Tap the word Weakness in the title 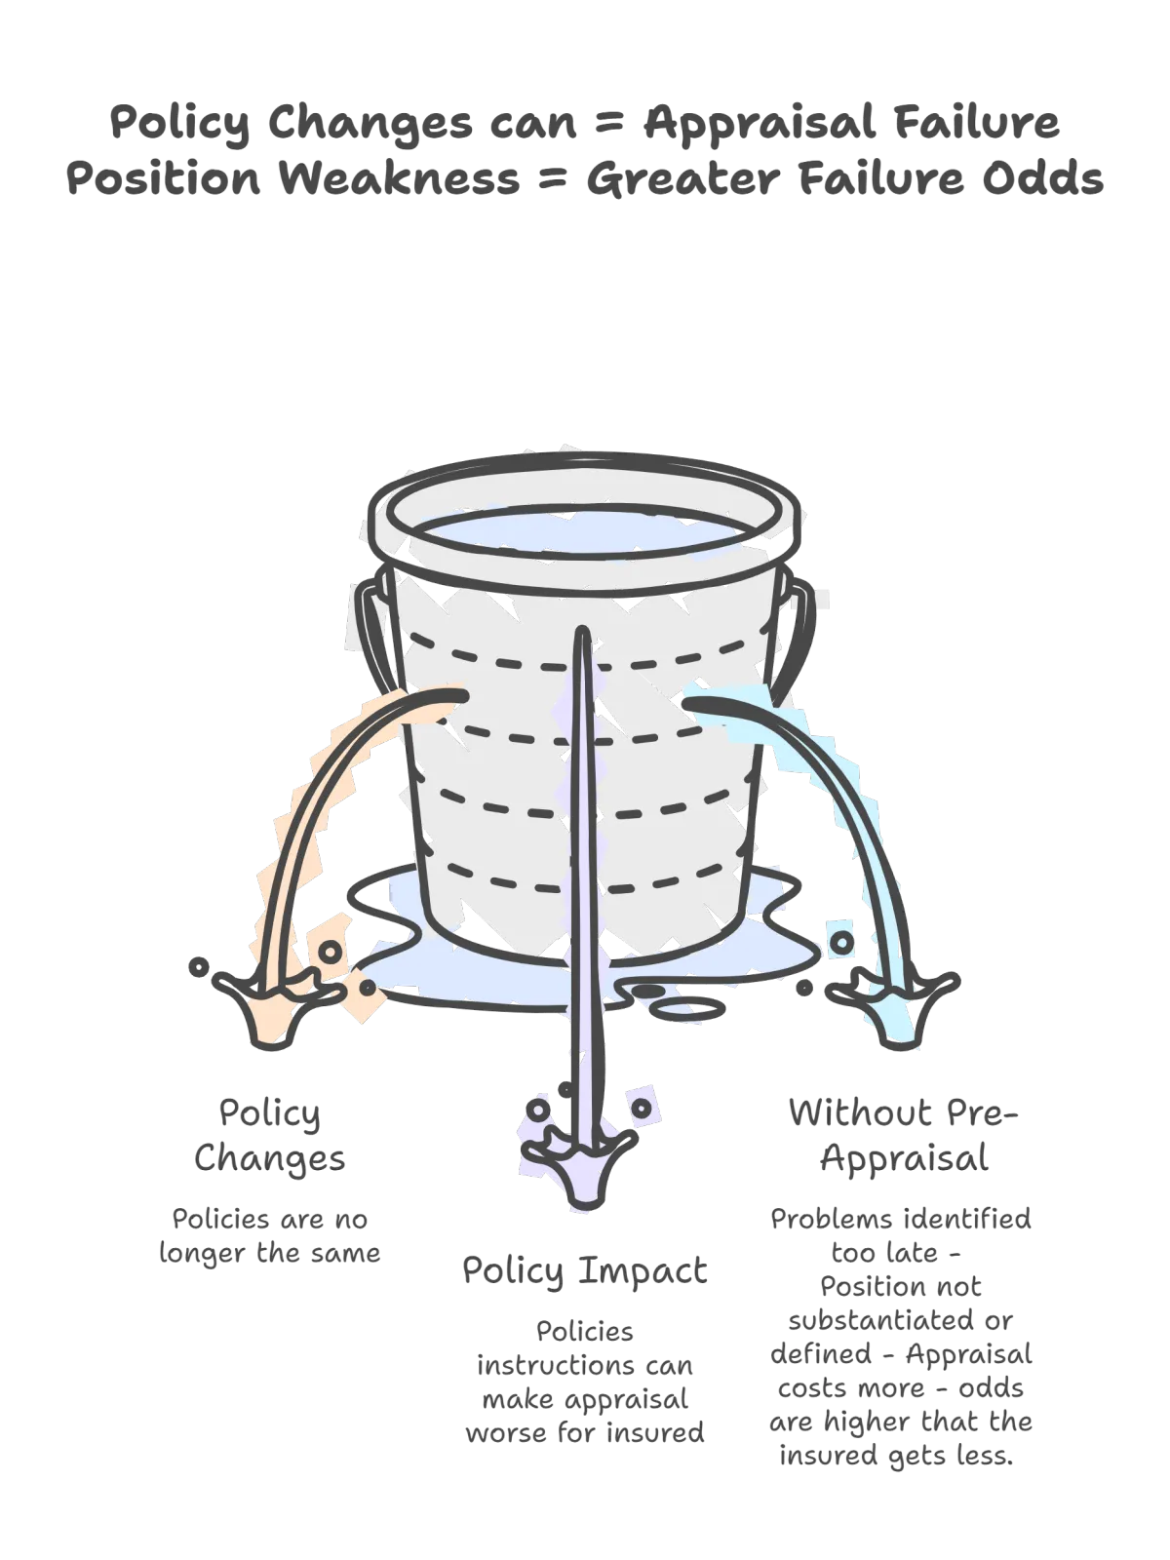click(400, 178)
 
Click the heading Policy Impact click(585, 1270)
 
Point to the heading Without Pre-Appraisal click(904, 1135)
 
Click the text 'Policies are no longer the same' click(270, 1236)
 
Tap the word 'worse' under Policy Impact click(506, 1432)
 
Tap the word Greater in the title click(683, 178)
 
